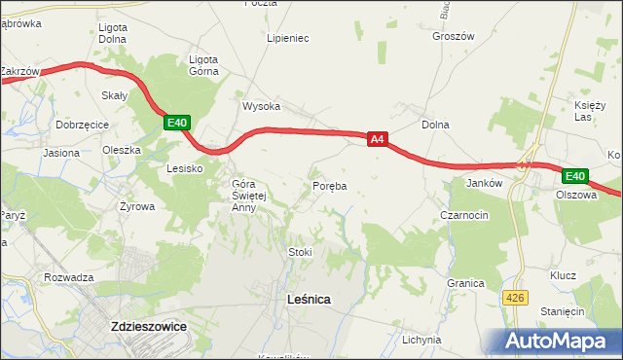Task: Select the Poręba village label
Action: (x=330, y=185)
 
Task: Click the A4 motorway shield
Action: (x=380, y=140)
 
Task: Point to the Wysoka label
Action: (x=262, y=106)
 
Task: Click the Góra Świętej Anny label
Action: (x=243, y=195)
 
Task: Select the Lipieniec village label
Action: (x=288, y=39)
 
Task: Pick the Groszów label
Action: (x=453, y=36)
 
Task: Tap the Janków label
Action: (x=484, y=182)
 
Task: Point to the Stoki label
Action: (x=300, y=252)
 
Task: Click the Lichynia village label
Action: (x=421, y=340)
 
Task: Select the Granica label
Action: (x=466, y=283)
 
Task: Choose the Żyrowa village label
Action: (x=137, y=206)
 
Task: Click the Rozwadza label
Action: (x=68, y=277)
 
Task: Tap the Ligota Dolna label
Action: (x=114, y=33)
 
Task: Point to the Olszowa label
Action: (x=575, y=195)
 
